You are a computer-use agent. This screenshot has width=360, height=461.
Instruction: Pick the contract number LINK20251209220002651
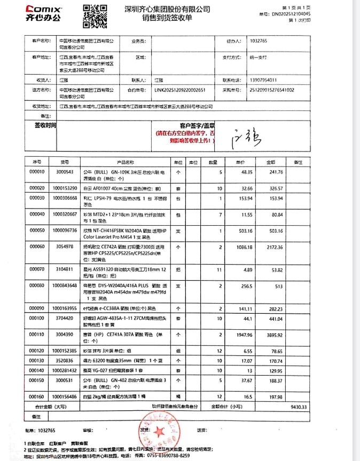tap(179, 90)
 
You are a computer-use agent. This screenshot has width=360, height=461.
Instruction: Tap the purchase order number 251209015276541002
tap(272, 90)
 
